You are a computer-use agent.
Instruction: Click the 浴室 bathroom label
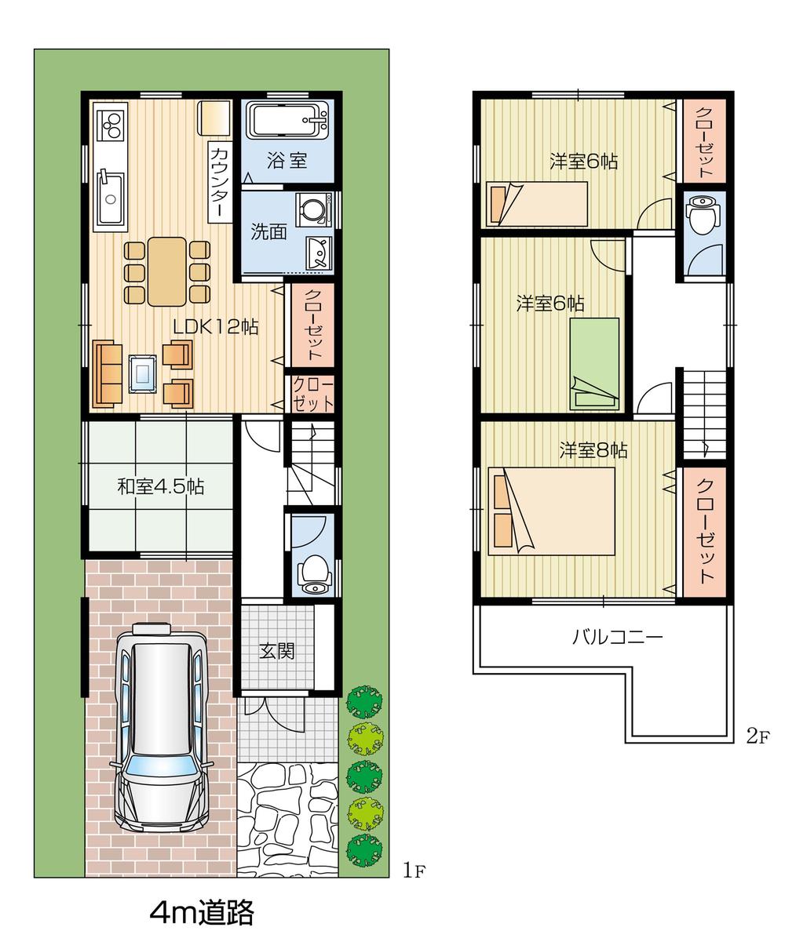(x=287, y=161)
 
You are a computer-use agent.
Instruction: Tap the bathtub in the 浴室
(x=287, y=123)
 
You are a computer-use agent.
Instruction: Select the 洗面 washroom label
(x=268, y=232)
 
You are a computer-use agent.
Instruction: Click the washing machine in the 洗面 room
(x=313, y=210)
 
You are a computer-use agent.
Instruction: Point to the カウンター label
(x=220, y=182)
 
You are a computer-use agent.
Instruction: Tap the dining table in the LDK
(x=167, y=271)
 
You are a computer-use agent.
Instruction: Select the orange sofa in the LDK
(x=108, y=375)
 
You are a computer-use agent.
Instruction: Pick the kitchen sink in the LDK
(x=110, y=198)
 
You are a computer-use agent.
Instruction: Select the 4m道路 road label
(x=202, y=912)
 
